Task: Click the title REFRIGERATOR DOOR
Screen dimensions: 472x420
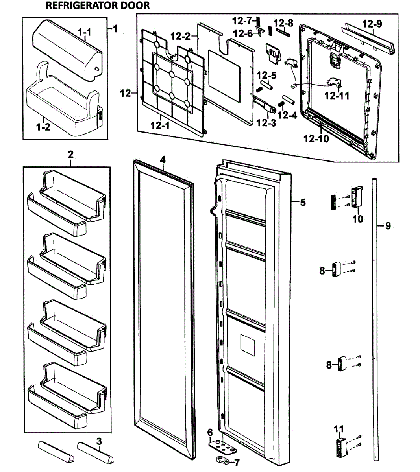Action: tap(98, 6)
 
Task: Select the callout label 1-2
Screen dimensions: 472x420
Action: tap(43, 127)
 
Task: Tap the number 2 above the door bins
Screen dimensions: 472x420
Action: tap(70, 154)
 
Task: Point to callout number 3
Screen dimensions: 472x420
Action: tap(99, 441)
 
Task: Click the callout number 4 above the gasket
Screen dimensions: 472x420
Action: tap(163, 159)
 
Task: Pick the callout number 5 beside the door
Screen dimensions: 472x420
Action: tap(302, 203)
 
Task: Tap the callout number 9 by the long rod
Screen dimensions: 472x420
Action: tap(388, 226)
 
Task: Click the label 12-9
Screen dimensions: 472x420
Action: tap(372, 24)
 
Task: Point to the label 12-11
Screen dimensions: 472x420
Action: tap(337, 95)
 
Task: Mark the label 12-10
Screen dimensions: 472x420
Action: tap(316, 138)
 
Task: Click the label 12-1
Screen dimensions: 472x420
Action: tap(161, 125)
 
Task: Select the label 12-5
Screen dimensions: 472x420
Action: tap(266, 75)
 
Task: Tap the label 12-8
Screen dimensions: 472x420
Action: tap(283, 23)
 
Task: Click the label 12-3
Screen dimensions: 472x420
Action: tap(266, 123)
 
